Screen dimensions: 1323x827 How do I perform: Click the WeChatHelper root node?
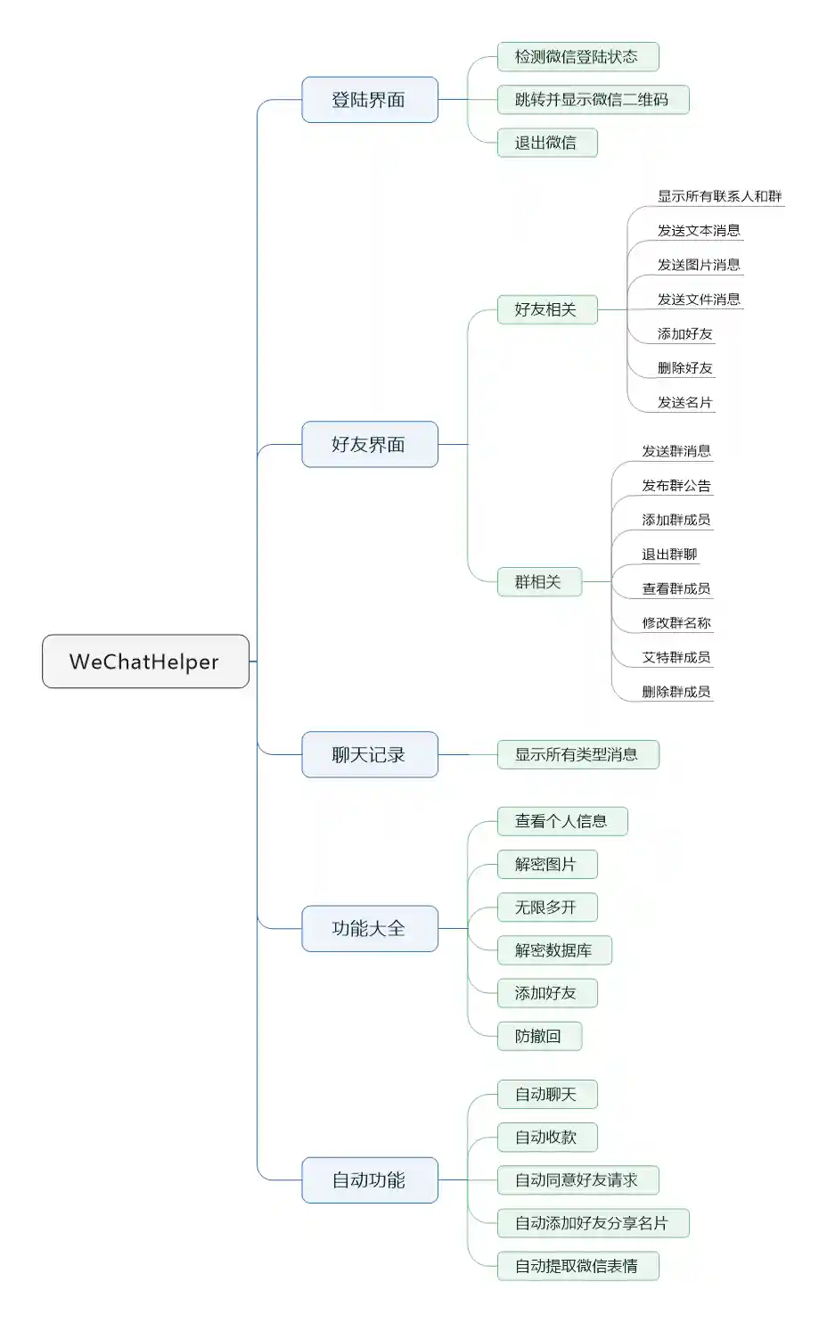click(145, 661)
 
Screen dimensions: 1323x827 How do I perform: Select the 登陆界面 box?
click(369, 100)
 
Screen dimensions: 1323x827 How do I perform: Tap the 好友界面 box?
click(369, 444)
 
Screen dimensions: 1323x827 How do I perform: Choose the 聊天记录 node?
click(369, 754)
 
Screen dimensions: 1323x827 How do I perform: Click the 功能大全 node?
click(369, 928)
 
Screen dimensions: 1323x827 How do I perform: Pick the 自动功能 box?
click(369, 1179)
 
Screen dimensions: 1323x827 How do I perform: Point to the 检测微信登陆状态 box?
click(577, 57)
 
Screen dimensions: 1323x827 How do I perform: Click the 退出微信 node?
click(546, 143)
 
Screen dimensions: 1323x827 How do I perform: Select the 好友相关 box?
click(546, 309)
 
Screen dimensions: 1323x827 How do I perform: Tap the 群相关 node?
click(538, 582)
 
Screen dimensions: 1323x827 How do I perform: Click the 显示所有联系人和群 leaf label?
click(719, 196)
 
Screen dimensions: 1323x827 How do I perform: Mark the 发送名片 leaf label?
click(684, 402)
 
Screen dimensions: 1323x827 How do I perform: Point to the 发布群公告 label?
click(676, 486)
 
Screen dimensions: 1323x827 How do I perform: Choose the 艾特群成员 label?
click(676, 657)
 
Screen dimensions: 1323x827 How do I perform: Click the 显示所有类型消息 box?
click(577, 754)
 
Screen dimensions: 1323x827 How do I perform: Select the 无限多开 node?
click(546, 908)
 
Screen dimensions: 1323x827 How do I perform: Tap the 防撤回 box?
click(538, 1036)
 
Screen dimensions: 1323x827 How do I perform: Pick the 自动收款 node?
click(546, 1137)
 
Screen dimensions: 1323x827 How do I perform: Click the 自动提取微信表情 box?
click(577, 1266)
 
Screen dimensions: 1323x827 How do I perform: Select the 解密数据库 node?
click(553, 950)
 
